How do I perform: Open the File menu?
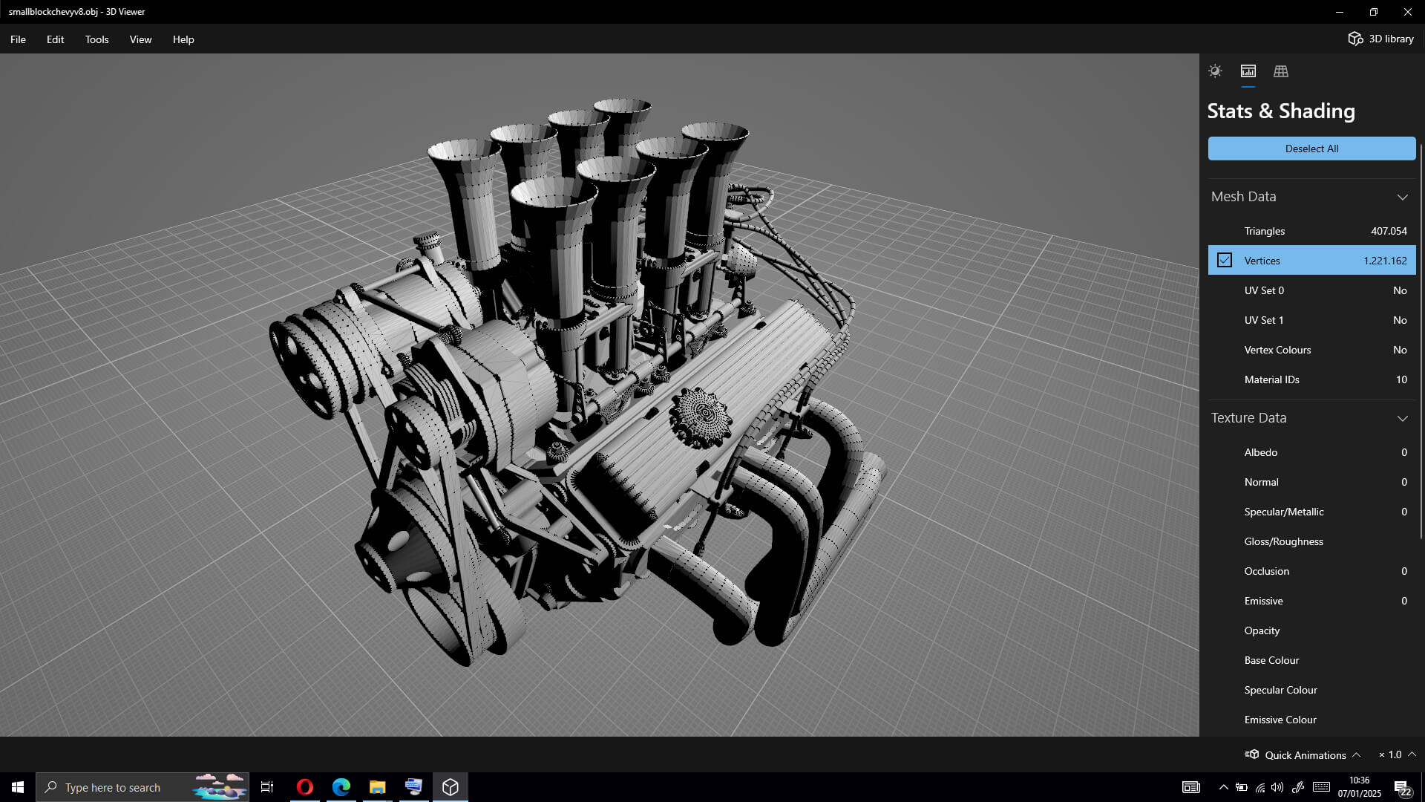coord(18,39)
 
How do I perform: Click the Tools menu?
coord(96,39)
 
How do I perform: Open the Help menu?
coord(183,39)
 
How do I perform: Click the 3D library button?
coord(1381,39)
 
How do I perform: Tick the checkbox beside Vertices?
coord(1225,260)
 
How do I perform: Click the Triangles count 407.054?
coord(1388,231)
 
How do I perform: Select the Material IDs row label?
coord(1271,379)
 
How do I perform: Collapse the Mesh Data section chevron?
coord(1402,197)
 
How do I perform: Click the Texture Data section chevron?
coord(1402,418)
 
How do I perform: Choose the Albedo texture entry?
coord(1260,452)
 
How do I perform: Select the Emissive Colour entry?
coord(1280,720)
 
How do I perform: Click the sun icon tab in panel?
coord(1215,71)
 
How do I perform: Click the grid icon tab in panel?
coord(1281,71)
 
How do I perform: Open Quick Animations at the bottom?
coord(1304,754)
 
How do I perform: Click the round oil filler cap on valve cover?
coord(700,417)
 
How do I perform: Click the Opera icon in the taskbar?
coord(304,787)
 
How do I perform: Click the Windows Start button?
coord(18,787)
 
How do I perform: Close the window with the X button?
coord(1407,12)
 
